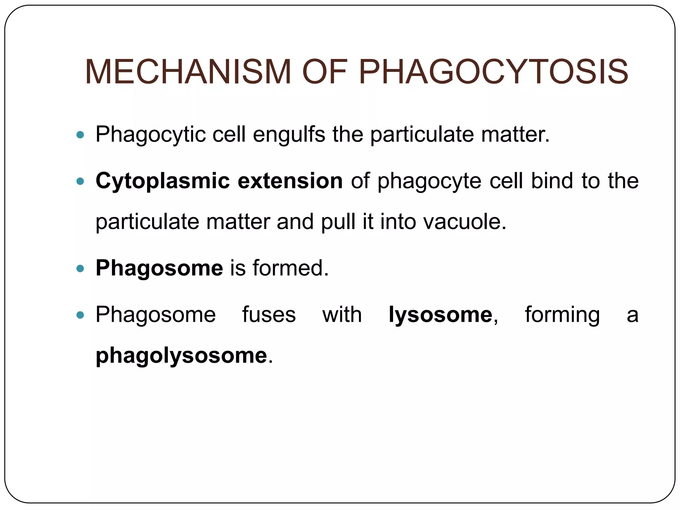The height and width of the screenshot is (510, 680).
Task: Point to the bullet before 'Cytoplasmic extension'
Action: pyautogui.click(x=80, y=181)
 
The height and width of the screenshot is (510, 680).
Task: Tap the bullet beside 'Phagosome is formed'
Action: pyautogui.click(x=80, y=268)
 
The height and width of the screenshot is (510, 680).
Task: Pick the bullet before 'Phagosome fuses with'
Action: pyautogui.click(x=80, y=315)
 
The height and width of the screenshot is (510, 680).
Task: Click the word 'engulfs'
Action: pyautogui.click(x=289, y=135)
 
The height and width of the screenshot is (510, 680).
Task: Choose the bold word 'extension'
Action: pyautogui.click(x=290, y=181)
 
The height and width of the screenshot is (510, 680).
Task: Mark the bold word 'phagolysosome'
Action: pyautogui.click(x=181, y=356)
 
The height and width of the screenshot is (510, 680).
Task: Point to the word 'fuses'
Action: pyautogui.click(x=269, y=315)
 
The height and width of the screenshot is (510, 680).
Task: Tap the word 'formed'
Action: pyautogui.click(x=290, y=268)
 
